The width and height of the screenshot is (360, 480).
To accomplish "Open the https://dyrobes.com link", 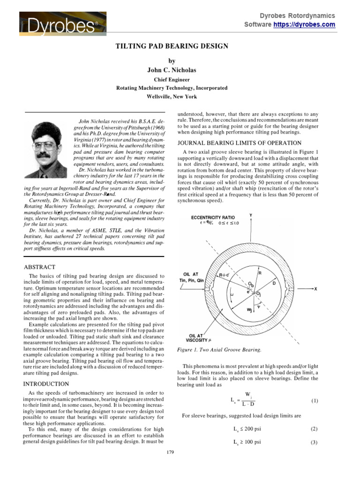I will (304, 24).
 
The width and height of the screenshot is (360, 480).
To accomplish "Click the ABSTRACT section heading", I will (40, 267).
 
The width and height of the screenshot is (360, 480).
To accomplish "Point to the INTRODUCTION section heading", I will (46, 383).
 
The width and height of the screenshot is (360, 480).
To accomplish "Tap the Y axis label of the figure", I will (251, 215).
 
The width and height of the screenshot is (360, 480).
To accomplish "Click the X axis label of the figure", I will (315, 289).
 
